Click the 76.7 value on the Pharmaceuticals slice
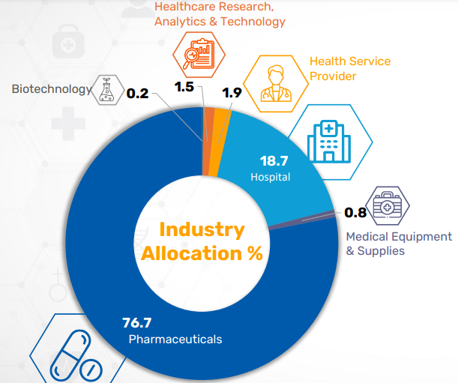136,323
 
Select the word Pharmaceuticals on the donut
175,340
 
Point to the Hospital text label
271,178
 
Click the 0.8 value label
355,213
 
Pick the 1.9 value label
232,93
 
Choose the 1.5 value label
184,88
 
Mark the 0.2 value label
137,94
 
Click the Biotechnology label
50,89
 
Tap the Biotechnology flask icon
106,90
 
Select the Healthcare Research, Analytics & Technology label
220,13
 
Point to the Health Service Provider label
350,68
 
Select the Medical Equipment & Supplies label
398,244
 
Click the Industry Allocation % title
202,241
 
